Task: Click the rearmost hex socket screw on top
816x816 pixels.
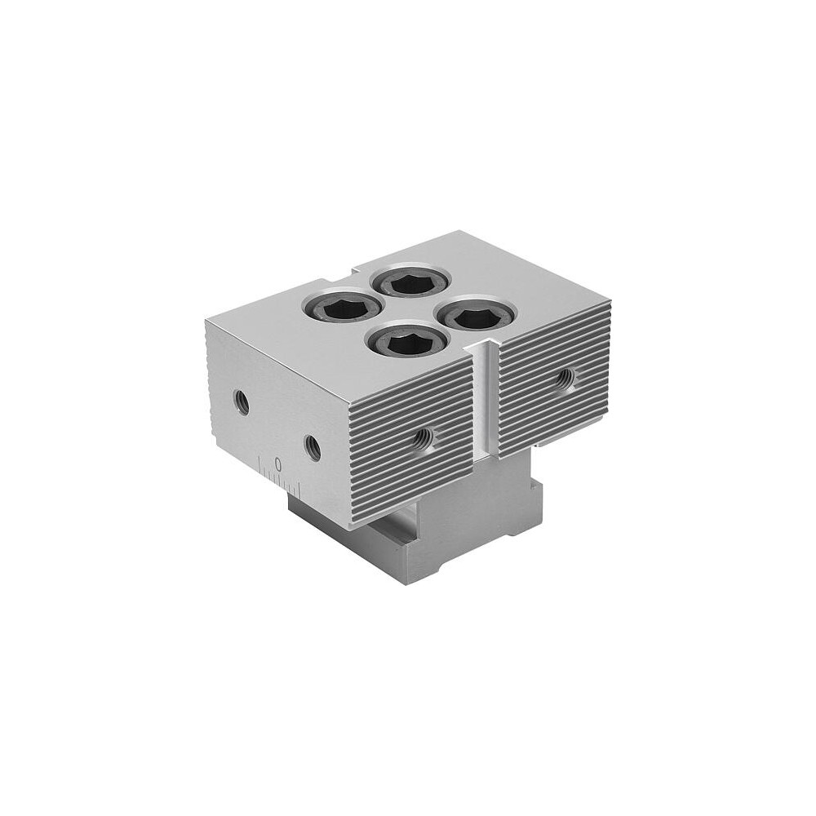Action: [x=409, y=283]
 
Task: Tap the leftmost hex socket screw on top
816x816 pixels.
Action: [x=341, y=309]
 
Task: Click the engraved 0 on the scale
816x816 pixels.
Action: [x=278, y=463]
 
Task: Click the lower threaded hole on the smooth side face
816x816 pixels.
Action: [x=313, y=446]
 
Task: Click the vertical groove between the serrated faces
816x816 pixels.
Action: [x=485, y=403]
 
